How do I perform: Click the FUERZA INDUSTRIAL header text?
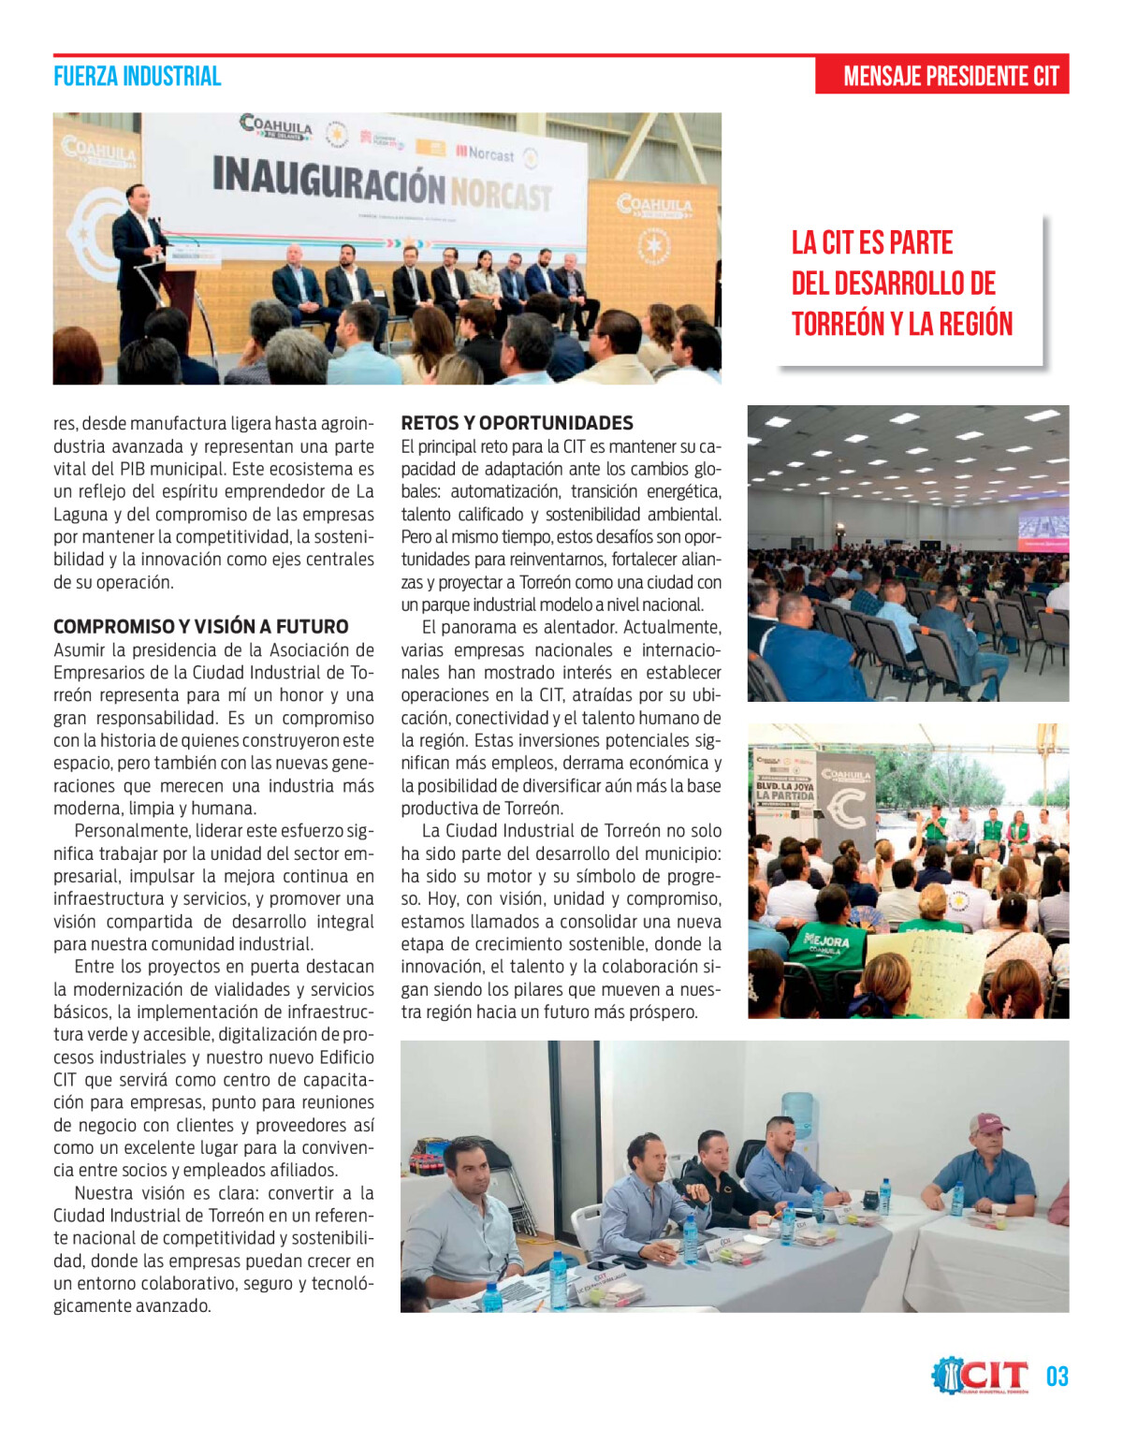pos(137,77)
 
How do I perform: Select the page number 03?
pos(1057,1377)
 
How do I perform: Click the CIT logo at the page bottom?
pos(981,1376)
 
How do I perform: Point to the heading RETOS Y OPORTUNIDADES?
pos(517,423)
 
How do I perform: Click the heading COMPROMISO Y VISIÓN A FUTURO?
pos(200,627)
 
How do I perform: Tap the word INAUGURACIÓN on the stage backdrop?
pos(328,179)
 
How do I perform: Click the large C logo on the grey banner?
pos(847,810)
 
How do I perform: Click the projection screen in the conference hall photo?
pos(1043,529)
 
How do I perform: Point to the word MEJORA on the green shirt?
pos(826,940)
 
